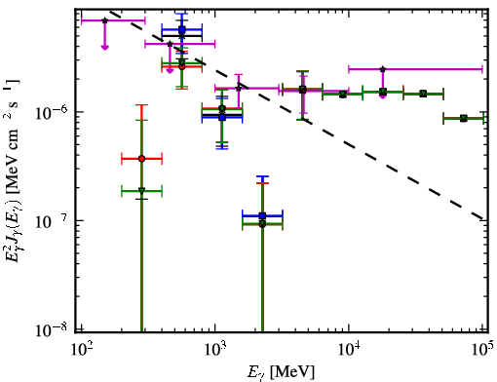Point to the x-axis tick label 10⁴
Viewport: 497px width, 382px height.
tap(349, 350)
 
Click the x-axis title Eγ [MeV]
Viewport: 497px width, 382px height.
tap(281, 372)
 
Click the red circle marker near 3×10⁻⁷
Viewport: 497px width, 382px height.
tap(141, 159)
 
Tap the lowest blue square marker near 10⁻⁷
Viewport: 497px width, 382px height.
tap(262, 215)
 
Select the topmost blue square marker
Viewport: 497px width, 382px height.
tap(182, 29)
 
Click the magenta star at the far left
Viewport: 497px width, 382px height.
tap(104, 20)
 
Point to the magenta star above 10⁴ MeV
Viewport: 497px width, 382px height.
tap(383, 69)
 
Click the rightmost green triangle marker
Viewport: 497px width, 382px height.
tap(464, 118)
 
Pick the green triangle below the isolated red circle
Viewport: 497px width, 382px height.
tap(141, 191)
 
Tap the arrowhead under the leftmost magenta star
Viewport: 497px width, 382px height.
tap(104, 48)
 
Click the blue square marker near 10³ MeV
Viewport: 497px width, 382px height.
tap(222, 117)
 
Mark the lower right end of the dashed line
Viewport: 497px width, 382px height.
tap(484, 219)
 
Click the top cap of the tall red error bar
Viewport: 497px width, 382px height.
tap(141, 105)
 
